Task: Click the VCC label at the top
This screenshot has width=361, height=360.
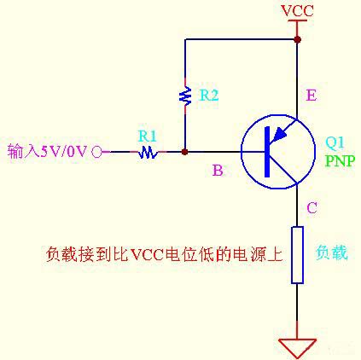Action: click(296, 10)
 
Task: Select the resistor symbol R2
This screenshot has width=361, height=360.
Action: click(185, 96)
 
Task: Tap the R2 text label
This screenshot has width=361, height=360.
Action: click(209, 96)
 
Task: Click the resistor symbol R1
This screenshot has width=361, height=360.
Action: click(148, 152)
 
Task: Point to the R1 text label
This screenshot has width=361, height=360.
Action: click(148, 135)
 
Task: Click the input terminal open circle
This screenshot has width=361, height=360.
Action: click(96, 152)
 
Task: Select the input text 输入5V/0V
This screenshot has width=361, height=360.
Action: click(47, 152)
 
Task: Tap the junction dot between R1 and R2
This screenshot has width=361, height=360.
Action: click(185, 152)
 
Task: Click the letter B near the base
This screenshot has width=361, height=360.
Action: click(218, 171)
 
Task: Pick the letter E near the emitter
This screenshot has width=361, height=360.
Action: click(311, 96)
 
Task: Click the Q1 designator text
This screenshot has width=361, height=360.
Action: click(335, 142)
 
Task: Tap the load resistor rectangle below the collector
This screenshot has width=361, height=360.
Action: click(297, 254)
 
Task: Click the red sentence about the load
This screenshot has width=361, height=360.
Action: click(162, 254)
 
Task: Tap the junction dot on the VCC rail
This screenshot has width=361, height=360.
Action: click(297, 39)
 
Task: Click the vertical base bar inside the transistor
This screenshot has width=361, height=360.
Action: click(265, 152)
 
